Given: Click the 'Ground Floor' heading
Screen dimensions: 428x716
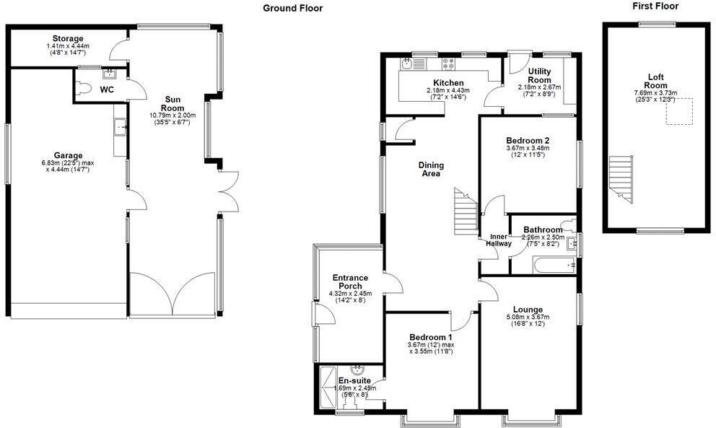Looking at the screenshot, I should click(292, 9).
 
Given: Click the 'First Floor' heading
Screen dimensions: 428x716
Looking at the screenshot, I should click(655, 6).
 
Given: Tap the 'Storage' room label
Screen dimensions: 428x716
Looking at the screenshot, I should click(67, 38).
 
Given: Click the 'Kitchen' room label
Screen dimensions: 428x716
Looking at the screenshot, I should click(448, 82).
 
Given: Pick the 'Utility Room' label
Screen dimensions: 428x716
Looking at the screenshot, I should click(539, 75).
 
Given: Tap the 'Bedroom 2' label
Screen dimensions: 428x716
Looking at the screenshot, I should click(528, 140).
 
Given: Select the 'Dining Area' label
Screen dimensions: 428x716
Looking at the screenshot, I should click(432, 170).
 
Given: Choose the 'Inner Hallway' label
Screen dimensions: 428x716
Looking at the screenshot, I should click(500, 240).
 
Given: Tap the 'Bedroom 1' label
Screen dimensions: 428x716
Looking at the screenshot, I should click(431, 337).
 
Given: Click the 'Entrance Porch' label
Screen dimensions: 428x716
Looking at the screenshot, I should click(350, 281).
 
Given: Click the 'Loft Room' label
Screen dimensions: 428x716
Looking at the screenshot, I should click(655, 81).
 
